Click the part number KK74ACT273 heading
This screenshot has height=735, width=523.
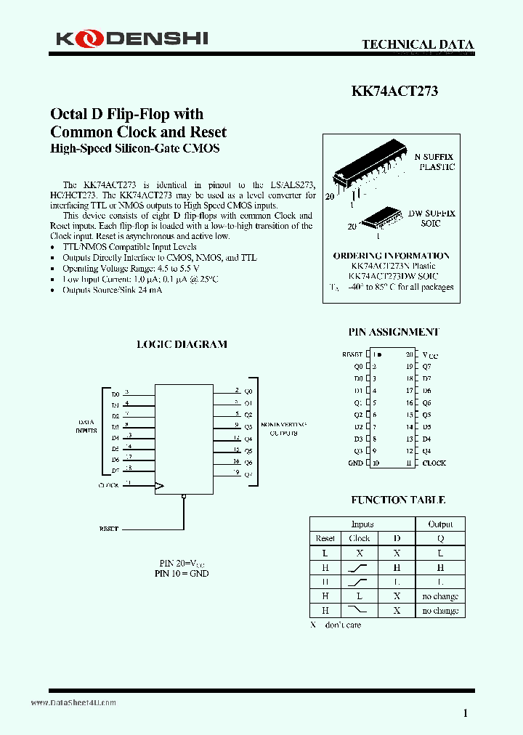click(x=394, y=92)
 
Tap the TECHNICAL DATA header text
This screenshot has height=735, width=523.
click(x=418, y=45)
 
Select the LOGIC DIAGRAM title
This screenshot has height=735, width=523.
click(x=182, y=344)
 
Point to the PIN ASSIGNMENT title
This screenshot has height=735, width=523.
click(x=394, y=332)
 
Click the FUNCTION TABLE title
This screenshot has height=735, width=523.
click(x=398, y=500)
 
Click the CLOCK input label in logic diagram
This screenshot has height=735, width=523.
click(x=108, y=485)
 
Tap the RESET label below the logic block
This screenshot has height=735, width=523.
click(x=108, y=529)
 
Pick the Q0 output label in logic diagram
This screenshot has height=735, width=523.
click(x=248, y=391)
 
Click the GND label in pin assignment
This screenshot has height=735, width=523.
click(x=355, y=463)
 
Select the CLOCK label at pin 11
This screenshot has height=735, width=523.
click(x=434, y=463)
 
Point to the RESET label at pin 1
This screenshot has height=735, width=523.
click(x=352, y=354)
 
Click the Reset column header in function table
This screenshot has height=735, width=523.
click(x=325, y=538)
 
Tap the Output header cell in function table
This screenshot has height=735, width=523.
click(x=440, y=524)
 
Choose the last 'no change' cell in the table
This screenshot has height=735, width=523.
click(x=440, y=611)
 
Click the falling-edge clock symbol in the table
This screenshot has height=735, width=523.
click(x=359, y=610)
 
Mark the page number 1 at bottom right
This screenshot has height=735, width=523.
click(x=466, y=713)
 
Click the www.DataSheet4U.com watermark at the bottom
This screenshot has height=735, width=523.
click(x=73, y=703)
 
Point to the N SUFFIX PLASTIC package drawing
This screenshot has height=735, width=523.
click(x=370, y=175)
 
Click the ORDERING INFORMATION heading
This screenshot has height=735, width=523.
click(x=391, y=256)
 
